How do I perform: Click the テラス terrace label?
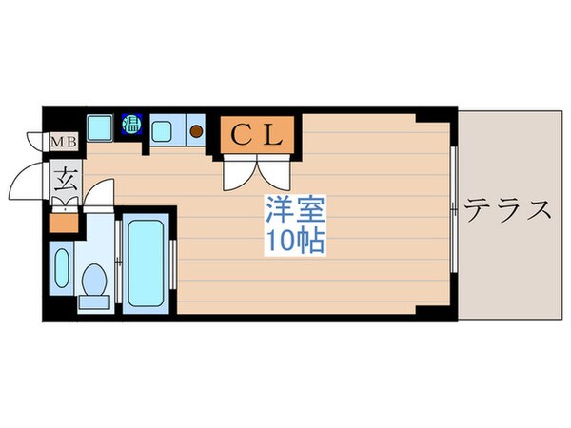click(x=508, y=209)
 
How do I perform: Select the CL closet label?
click(x=256, y=133)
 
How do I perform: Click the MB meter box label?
click(x=64, y=143)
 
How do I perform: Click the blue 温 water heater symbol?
click(x=132, y=122)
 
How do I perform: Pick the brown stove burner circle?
click(x=197, y=130)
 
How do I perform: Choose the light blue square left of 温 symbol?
click(x=99, y=126)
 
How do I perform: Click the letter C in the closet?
click(x=241, y=133)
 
